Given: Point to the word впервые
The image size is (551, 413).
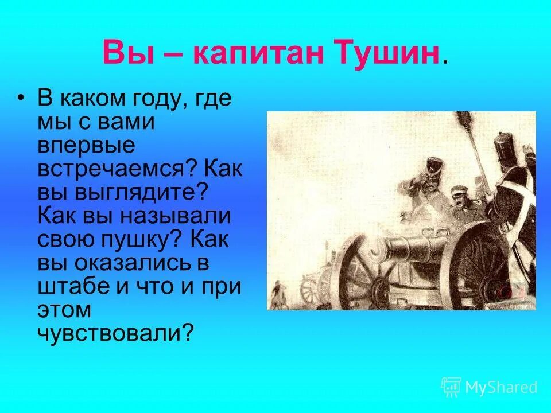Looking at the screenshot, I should (87, 146).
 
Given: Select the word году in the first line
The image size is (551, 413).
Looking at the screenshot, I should (157, 99).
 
